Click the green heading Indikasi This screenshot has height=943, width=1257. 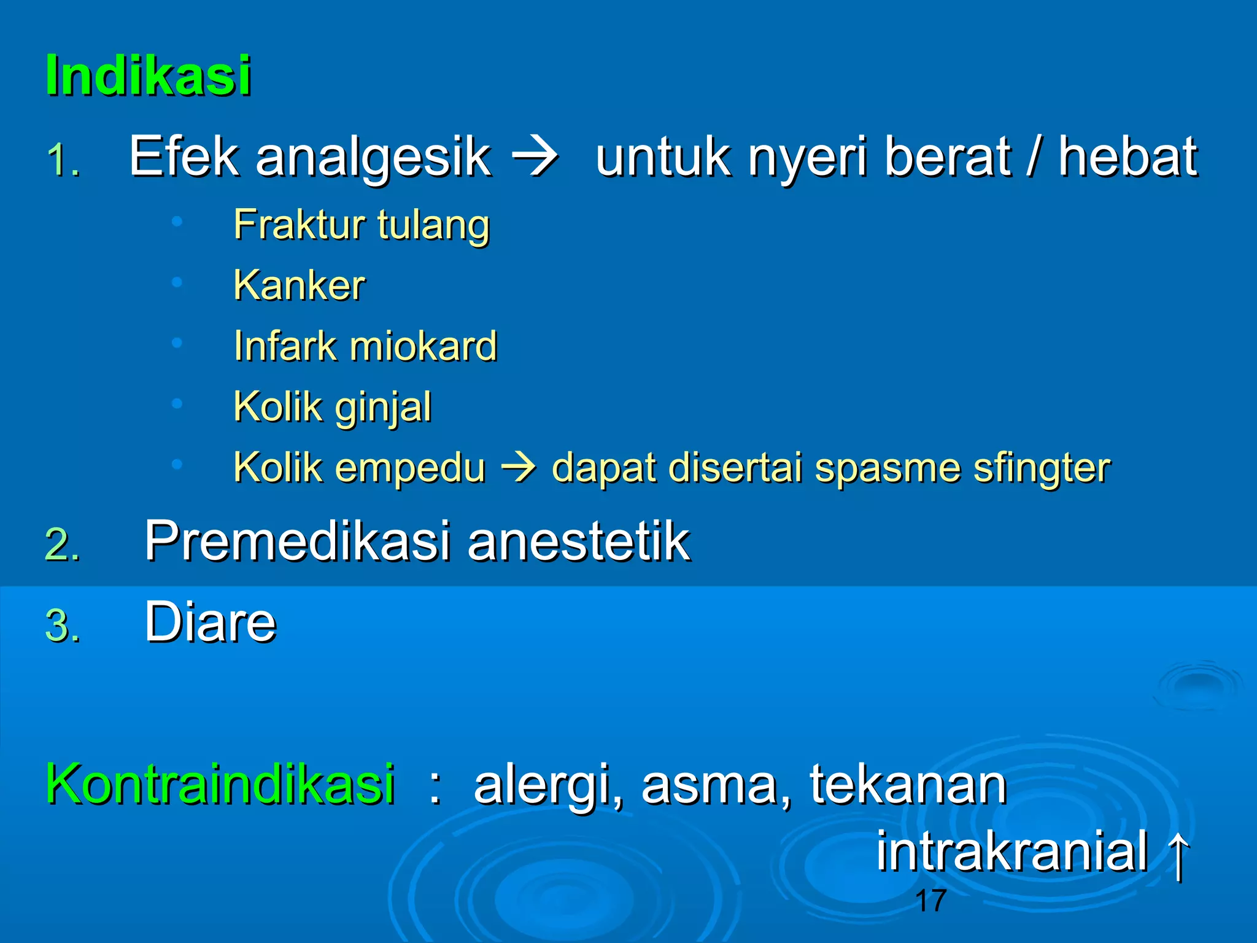coord(149,76)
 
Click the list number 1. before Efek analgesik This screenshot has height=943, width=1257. coord(64,161)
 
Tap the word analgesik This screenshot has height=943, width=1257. coord(373,157)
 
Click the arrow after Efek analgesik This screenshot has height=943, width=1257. coord(535,158)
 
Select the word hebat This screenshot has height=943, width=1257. coord(1127,157)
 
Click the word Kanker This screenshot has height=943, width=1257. coord(300,285)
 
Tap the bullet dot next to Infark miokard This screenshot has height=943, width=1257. coord(177,343)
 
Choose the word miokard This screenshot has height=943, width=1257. coord(423,346)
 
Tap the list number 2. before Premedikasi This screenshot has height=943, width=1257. coord(63,545)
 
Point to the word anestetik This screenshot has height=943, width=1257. coord(578,541)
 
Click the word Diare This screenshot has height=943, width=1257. coord(211,622)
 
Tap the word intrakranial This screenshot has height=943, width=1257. coord(1011,851)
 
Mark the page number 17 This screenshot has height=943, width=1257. coord(930,901)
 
